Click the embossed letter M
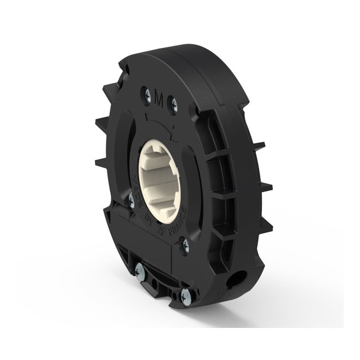[x=160, y=99]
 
